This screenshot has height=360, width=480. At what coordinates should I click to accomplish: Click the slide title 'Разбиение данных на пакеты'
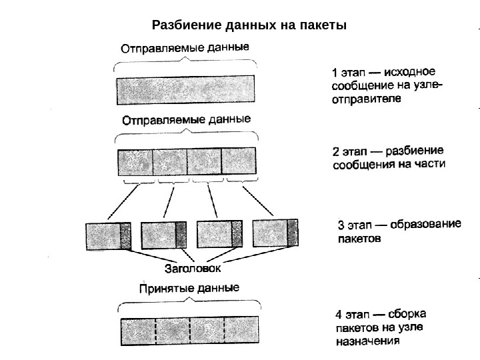(x=249, y=26)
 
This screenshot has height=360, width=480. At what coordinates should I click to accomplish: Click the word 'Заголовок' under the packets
(x=193, y=270)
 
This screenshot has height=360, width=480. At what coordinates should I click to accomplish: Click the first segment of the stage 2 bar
(x=135, y=162)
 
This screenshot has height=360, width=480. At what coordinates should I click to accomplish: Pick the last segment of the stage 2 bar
(x=239, y=161)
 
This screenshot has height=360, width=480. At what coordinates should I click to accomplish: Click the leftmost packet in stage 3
(x=109, y=236)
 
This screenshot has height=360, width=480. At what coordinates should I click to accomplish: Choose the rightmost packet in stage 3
(x=275, y=233)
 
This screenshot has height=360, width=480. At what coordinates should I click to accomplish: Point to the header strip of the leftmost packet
(x=126, y=236)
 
